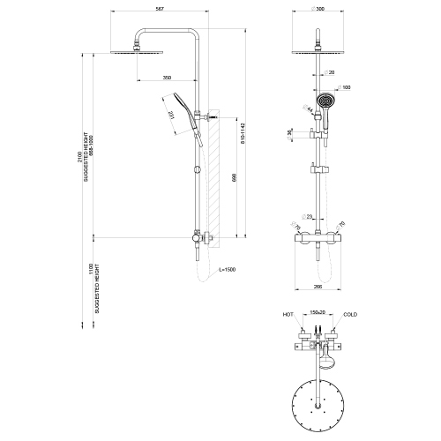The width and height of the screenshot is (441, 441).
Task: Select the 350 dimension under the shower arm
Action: click(x=168, y=78)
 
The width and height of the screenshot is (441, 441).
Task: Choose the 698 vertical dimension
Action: click(x=232, y=177)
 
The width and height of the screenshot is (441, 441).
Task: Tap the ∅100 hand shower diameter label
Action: click(x=345, y=86)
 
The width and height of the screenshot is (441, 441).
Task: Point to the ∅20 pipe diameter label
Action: click(x=329, y=73)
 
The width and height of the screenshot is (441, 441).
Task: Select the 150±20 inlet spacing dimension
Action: click(x=318, y=313)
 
